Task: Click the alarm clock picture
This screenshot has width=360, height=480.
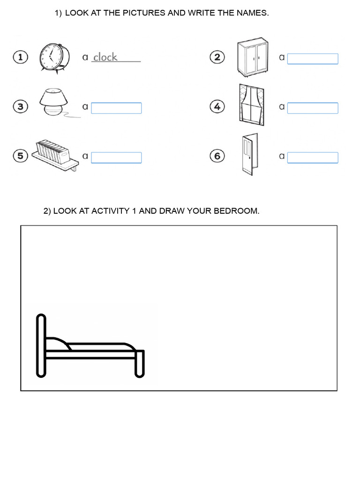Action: click(x=54, y=58)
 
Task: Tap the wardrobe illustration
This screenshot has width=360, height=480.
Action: click(x=253, y=58)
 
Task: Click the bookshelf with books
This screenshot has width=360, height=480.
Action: click(x=52, y=153)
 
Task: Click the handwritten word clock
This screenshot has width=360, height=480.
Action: click(x=105, y=57)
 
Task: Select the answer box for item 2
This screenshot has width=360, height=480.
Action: click(x=312, y=59)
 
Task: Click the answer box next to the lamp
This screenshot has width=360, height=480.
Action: click(x=116, y=108)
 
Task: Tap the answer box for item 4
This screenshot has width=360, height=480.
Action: click(x=312, y=108)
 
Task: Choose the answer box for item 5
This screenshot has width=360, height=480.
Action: click(x=116, y=157)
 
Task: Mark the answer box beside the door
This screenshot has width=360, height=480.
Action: click(x=312, y=157)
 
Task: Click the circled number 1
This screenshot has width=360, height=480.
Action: click(x=20, y=58)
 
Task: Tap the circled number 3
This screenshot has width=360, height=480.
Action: click(x=20, y=107)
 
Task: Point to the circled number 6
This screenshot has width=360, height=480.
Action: click(x=217, y=156)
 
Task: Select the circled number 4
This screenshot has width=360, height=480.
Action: click(x=217, y=107)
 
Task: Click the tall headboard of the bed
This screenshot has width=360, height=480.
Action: click(x=41, y=345)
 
